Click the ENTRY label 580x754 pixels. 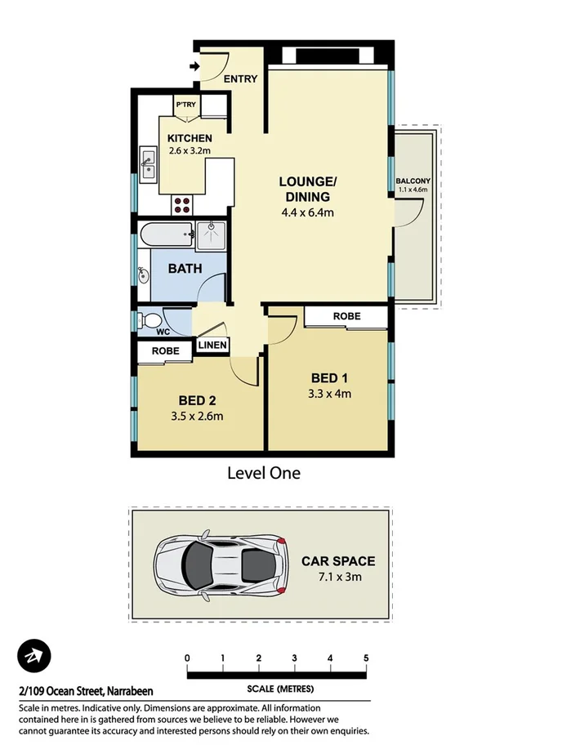240,79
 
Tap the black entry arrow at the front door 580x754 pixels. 194,66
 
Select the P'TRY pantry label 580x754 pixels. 185,104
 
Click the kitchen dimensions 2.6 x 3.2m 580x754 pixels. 190,150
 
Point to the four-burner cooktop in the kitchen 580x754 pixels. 181,203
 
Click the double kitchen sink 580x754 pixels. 149,163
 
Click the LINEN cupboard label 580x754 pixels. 212,346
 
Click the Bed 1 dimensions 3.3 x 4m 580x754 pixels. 330,394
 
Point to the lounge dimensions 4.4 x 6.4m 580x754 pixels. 307,212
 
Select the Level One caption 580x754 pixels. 263,473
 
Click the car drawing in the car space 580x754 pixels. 221,564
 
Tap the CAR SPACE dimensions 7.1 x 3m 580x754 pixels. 338,577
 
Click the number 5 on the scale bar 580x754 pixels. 366,658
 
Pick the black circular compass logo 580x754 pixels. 34,656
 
